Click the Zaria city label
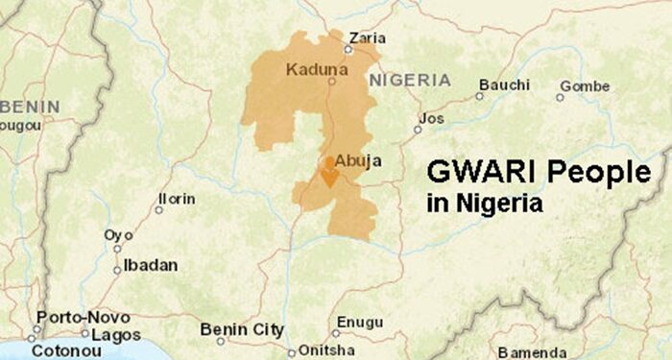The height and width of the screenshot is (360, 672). (x=368, y=37)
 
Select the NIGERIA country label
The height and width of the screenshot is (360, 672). (x=409, y=80)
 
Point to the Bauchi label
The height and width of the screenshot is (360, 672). (x=503, y=85)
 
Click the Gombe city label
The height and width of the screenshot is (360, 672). (x=585, y=86)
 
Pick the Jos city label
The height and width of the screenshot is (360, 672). (x=433, y=118)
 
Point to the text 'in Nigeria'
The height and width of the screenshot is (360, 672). (x=484, y=204)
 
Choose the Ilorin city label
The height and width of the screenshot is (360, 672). (x=177, y=199)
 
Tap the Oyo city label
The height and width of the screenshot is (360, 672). (x=119, y=235)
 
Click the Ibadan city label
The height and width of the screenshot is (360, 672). (x=151, y=265)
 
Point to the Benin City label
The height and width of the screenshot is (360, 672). (x=242, y=329)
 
